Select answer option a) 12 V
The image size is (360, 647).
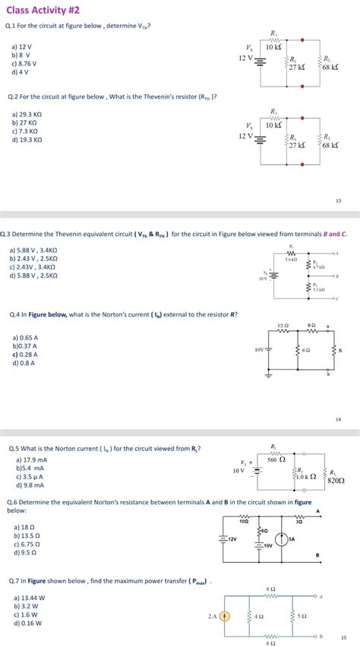coord(21,47)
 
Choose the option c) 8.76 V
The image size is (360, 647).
coord(24,64)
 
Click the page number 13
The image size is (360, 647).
coord(338,200)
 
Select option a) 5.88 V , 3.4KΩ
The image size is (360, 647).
coord(33,250)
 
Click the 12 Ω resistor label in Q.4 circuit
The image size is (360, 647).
coord(283,325)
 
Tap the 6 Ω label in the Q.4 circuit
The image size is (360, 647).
coord(306,351)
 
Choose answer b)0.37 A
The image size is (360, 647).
coord(26,346)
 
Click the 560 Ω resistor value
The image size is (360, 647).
coord(276,459)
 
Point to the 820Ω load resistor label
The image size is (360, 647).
coord(336,481)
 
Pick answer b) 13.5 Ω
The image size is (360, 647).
coord(27,535)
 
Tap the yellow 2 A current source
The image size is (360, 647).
coord(225,616)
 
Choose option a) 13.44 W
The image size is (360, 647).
coord(30,598)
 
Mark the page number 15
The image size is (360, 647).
coord(343,637)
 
